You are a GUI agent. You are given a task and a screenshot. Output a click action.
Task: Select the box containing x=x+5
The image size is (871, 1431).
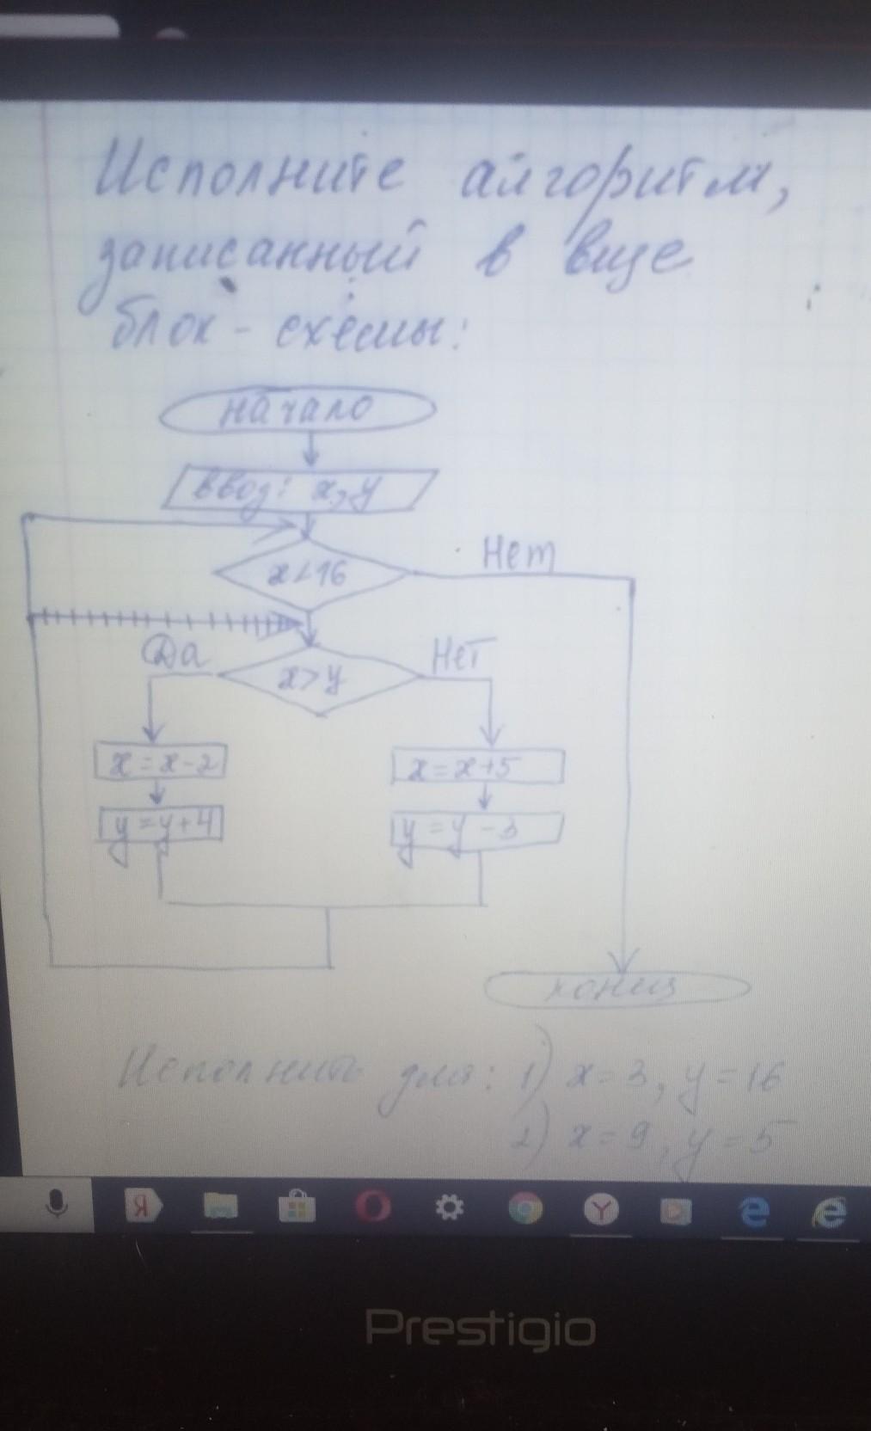[x=476, y=765]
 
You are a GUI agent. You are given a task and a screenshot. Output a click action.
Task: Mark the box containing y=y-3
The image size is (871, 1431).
[x=476, y=829]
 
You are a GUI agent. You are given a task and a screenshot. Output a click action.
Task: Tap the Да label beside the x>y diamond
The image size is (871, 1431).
[x=175, y=656]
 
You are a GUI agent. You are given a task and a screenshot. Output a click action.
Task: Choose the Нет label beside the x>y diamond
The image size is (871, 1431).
[x=462, y=657]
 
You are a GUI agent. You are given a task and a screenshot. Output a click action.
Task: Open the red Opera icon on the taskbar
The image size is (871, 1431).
[x=374, y=1207]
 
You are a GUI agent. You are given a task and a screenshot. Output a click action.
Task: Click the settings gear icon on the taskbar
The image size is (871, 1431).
[x=450, y=1208]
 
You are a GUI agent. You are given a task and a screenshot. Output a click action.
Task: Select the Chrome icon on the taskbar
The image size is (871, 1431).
[x=524, y=1209]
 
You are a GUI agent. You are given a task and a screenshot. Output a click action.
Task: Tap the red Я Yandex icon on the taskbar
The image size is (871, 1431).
[x=144, y=1206]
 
